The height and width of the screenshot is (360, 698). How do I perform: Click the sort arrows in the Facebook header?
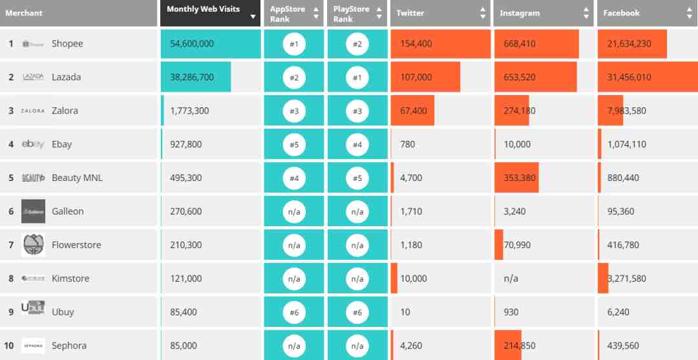pyautogui.click(x=690, y=13)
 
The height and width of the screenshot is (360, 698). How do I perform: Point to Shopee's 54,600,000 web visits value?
pyautogui.click(x=192, y=43)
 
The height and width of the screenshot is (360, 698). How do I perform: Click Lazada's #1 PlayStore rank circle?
pyautogui.click(x=357, y=78)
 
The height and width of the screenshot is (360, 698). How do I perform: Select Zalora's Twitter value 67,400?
pyautogui.click(x=414, y=111)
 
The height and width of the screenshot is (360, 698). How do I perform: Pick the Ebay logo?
pyautogui.click(x=33, y=144)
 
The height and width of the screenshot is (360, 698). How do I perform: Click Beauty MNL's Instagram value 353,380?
pyautogui.click(x=520, y=178)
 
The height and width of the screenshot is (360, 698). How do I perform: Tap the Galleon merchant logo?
pyautogui.click(x=34, y=211)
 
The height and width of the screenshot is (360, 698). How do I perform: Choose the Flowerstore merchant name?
pyautogui.click(x=76, y=245)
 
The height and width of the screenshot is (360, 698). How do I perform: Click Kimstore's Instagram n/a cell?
pyautogui.click(x=511, y=279)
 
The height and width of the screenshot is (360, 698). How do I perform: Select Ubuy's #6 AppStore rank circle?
pyautogui.click(x=294, y=312)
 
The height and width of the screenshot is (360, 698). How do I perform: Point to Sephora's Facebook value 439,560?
pyautogui.click(x=623, y=346)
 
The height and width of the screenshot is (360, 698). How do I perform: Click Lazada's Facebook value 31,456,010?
pyautogui.click(x=629, y=77)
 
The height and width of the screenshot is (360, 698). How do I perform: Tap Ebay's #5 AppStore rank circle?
pyautogui.click(x=294, y=144)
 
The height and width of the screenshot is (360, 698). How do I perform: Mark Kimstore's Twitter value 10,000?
pyautogui.click(x=414, y=279)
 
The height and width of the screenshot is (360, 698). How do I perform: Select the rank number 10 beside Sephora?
pyautogui.click(x=9, y=346)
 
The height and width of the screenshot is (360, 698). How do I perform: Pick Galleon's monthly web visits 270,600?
pyautogui.click(x=186, y=211)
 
